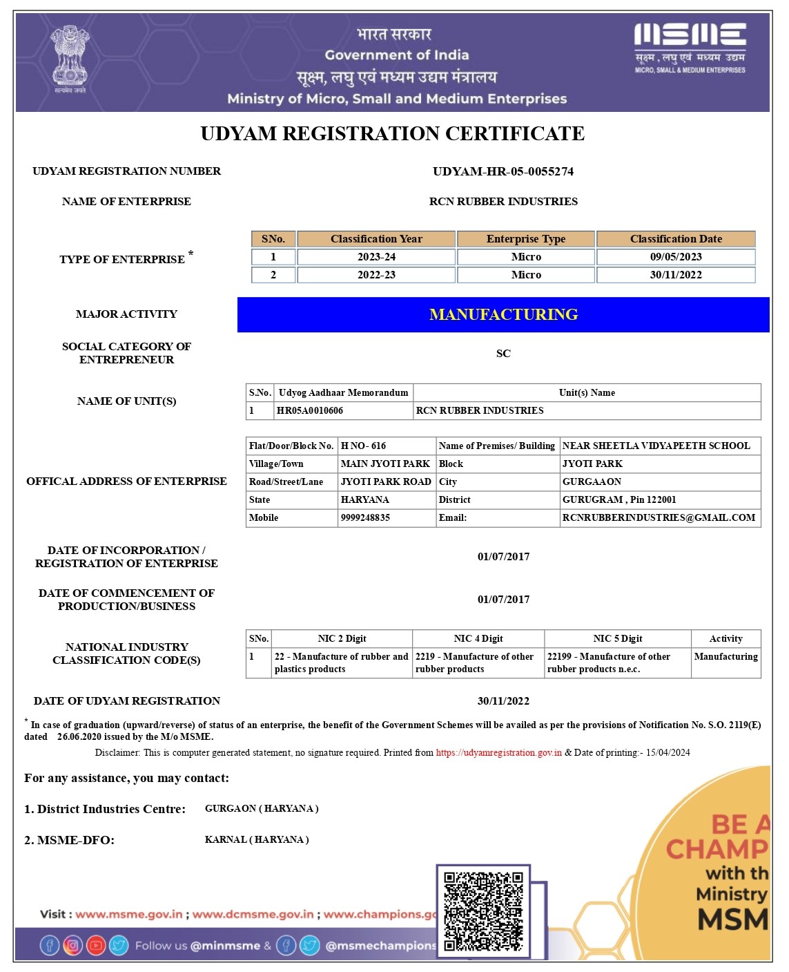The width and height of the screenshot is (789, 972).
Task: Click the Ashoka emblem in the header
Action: coord(70,59)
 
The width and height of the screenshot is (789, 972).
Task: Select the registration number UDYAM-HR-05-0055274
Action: coord(503,171)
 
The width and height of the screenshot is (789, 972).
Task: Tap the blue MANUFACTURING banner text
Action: coord(503,315)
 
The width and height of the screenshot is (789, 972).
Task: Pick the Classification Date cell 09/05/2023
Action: coord(676,257)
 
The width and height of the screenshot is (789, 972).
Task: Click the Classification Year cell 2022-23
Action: coord(376,275)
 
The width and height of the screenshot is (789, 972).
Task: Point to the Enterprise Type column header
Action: coord(525,239)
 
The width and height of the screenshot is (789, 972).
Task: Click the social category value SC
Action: coord(503,354)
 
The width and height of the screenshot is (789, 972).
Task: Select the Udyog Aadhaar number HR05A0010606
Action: coord(310,410)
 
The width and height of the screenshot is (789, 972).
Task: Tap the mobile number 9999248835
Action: coord(365,517)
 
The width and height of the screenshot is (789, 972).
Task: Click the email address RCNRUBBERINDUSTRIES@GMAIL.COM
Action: coord(659,517)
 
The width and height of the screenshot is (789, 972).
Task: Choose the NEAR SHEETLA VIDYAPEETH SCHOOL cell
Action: coord(656,446)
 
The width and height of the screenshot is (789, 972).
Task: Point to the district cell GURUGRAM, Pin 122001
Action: coord(619,499)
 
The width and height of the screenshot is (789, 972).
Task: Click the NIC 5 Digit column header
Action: coord(617,638)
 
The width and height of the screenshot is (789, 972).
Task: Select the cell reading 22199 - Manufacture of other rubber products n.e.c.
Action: coord(609,663)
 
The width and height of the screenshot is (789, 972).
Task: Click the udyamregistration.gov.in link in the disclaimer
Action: coord(498,752)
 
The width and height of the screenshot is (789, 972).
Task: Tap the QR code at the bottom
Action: coord(483,911)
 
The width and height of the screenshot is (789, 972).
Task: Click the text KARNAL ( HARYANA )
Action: coord(257,839)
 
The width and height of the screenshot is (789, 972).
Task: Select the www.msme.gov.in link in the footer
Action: coord(129,914)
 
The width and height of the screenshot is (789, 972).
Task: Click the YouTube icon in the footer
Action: coord(96,945)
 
